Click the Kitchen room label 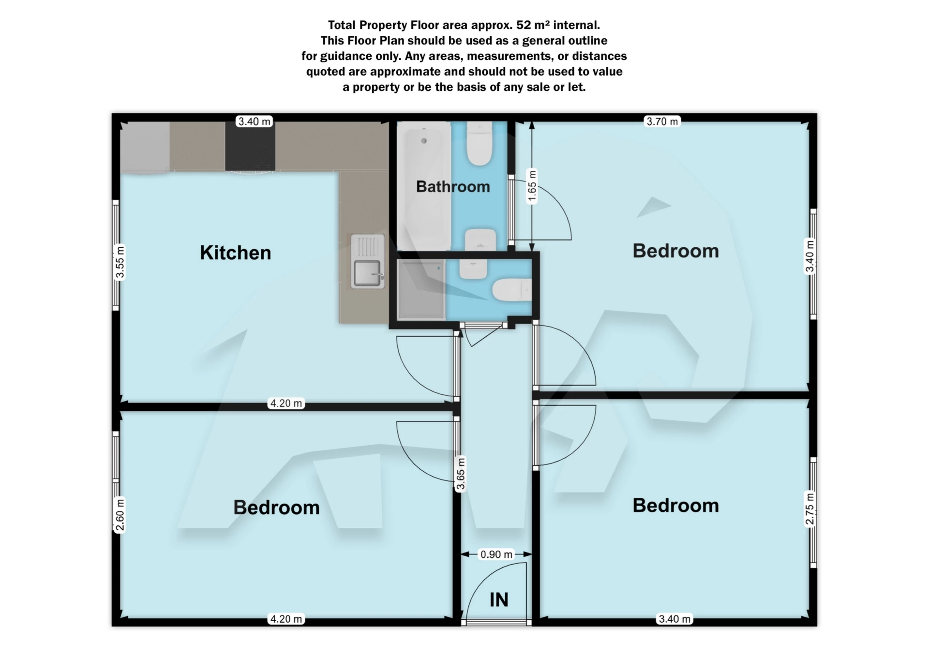pyautogui.click(x=235, y=253)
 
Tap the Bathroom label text pyautogui.click(x=453, y=187)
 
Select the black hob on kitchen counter pyautogui.click(x=250, y=146)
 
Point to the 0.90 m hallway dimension pyautogui.click(x=496, y=554)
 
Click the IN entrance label pyautogui.click(x=499, y=600)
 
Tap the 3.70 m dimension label pyautogui.click(x=662, y=121)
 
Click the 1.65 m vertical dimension pyautogui.click(x=532, y=187)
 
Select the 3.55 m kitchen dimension pyautogui.click(x=120, y=262)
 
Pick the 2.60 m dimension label pyautogui.click(x=120, y=515)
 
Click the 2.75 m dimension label pyautogui.click(x=809, y=508)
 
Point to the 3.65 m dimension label pyautogui.click(x=460, y=474)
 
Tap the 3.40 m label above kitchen pyautogui.click(x=255, y=121)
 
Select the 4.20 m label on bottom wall pyautogui.click(x=286, y=619)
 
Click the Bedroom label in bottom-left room pyautogui.click(x=276, y=508)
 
